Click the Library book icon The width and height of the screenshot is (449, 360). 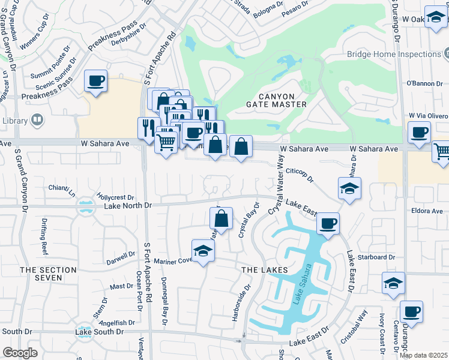click(x=37, y=121)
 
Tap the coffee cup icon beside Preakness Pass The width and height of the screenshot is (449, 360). click(x=95, y=80)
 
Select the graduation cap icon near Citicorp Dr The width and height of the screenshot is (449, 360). click(x=349, y=188)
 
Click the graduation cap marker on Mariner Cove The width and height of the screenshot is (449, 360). click(x=203, y=251)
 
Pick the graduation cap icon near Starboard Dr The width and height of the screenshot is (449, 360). click(x=393, y=283)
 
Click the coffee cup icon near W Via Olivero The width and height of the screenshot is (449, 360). click(x=419, y=132)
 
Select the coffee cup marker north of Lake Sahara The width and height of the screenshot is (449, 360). click(x=328, y=223)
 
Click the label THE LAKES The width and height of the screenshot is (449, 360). click(x=261, y=271)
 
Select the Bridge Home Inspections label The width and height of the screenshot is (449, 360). click(x=394, y=55)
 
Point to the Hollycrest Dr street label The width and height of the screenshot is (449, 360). click(x=115, y=197)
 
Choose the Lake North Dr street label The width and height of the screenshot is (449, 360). click(x=129, y=206)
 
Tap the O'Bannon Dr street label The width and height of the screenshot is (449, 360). click(x=424, y=83)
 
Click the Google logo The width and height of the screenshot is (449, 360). click(x=20, y=353)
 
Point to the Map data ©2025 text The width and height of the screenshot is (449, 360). click(x=423, y=355)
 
